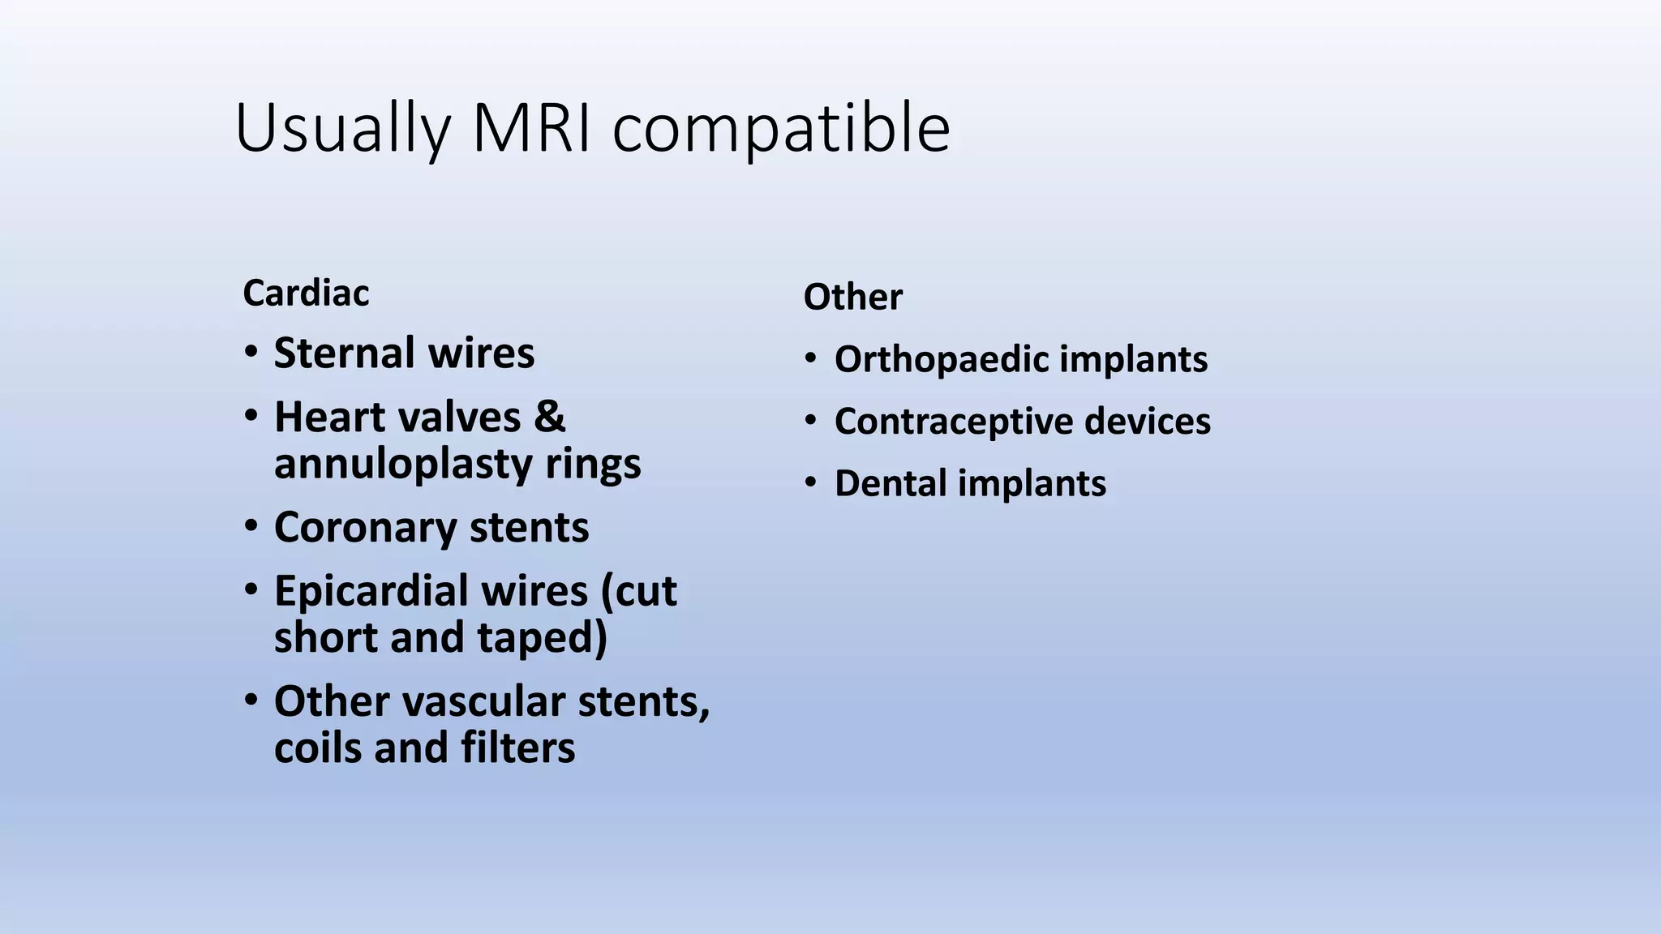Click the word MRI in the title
point(531,128)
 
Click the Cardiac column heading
point(306,293)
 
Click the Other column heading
point(852,297)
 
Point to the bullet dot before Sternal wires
point(251,353)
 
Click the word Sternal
point(344,353)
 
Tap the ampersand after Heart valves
point(549,417)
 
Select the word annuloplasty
point(402,464)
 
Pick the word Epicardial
point(431,591)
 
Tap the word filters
point(517,748)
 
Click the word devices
point(1147,422)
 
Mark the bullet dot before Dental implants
point(810,482)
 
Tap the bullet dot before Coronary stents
point(251,527)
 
